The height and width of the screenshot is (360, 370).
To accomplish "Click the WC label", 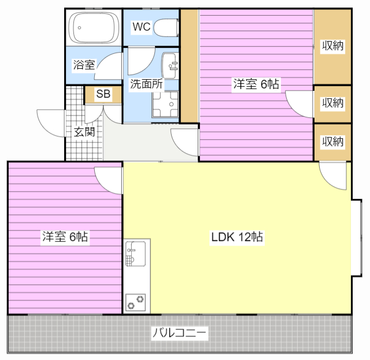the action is pos(142,27).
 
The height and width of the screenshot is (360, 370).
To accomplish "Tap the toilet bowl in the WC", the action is pos(166,28).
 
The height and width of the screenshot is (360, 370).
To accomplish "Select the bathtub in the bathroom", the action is pos(94,28).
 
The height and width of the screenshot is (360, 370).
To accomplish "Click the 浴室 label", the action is pos(84,65).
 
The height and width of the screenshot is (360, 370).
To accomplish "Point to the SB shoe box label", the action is pos(103,94).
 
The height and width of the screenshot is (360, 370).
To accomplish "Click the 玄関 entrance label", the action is pos(84,132).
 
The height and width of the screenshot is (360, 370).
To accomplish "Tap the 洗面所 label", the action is pos(146,84).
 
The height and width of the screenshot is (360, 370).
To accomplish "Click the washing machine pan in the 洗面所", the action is pos(165,104).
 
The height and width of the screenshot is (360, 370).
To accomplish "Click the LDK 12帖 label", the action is pos(237,237).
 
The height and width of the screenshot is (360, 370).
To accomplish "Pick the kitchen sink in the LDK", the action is pos(135,254).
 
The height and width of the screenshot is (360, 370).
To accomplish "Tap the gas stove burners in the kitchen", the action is pos(135,302).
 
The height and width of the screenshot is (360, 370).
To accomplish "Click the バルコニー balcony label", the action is pos(180,333).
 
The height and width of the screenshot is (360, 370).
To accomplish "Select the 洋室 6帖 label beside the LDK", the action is pos(65,236).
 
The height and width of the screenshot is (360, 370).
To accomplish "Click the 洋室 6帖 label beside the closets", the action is pos(256,84).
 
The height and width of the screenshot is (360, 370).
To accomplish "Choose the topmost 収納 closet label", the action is pos(333,46).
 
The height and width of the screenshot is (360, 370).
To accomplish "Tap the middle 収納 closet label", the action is pos(333,103).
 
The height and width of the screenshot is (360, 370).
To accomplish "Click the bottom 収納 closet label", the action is pos(333,142).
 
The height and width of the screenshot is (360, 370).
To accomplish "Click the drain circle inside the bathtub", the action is pos(80,28).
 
